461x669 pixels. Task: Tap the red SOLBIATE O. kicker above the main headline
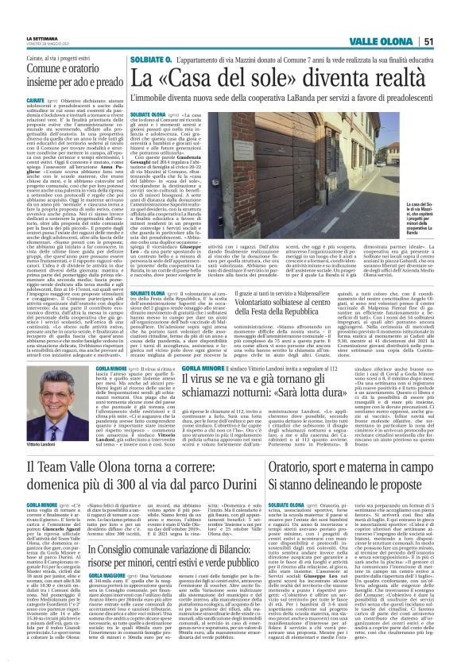[x=149, y=60]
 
